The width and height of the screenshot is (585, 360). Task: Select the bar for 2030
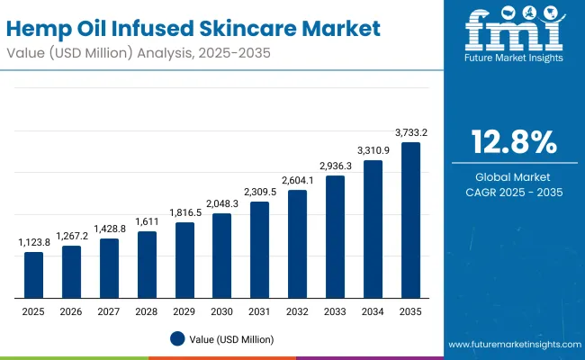pos(221,256)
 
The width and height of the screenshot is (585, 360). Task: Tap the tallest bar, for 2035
pos(410,220)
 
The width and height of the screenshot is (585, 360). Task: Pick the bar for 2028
pos(147,265)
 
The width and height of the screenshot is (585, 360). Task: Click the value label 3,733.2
pos(411,132)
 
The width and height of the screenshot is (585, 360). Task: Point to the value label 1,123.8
pos(33,242)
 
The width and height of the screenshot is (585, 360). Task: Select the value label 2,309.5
pos(260,192)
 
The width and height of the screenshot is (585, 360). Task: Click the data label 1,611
pos(147,221)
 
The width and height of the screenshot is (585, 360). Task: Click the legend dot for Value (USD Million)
pos(177,339)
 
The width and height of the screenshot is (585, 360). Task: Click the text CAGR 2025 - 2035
pos(513,192)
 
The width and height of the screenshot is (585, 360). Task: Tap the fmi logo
pos(513,33)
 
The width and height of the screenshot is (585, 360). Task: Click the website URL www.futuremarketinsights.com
pos(513,345)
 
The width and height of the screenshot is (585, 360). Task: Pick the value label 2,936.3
pos(335,166)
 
